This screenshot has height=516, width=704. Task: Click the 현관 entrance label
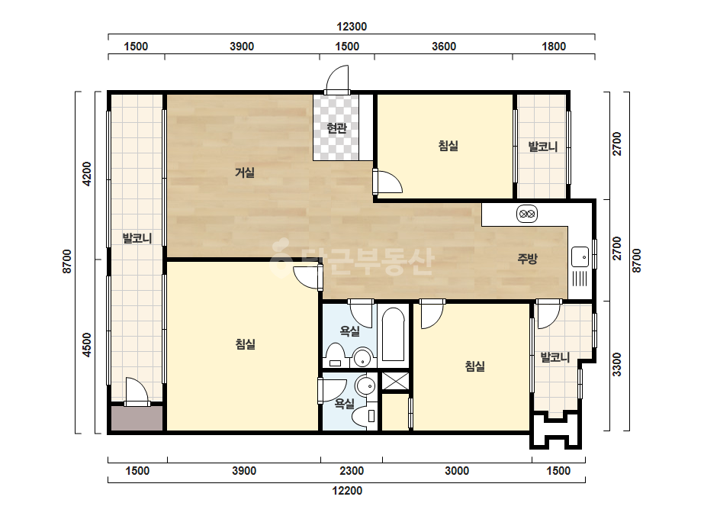coord(336,128)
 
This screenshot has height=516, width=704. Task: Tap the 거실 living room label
coord(245,173)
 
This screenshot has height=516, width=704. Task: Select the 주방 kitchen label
coord(527,259)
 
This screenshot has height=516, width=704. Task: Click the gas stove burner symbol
coord(526,214)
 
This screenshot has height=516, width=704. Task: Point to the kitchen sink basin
coord(580,256)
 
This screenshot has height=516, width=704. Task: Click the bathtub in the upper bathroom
coord(394,334)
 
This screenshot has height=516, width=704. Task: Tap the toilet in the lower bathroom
coord(365,416)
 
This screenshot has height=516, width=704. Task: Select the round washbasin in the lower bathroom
coord(365,385)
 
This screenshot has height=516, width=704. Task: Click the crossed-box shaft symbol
coord(395,381)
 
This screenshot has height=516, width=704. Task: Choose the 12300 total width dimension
coord(352,27)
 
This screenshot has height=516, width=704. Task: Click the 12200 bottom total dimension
coord(347,490)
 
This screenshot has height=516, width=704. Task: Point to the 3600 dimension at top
coord(444,47)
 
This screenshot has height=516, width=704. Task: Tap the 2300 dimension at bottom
coord(351,471)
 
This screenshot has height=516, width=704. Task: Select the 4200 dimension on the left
coord(87,174)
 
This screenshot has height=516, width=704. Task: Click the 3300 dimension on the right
coord(617,365)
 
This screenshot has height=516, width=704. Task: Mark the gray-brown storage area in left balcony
coord(137,418)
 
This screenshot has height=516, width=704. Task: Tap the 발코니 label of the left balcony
coord(137,238)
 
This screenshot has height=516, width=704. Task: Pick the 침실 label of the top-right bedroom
coord(448,146)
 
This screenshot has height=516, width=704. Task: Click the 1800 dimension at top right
coord(554,47)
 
